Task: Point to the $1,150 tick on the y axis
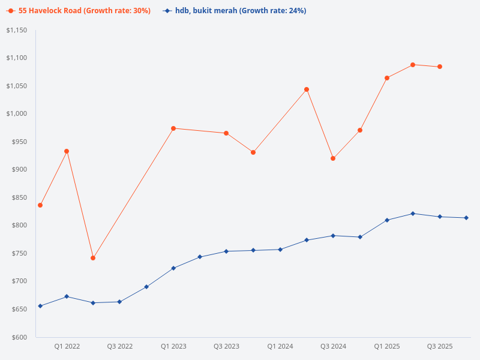(x=18, y=30)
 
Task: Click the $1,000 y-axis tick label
(x=18, y=114)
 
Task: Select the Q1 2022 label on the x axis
(x=67, y=347)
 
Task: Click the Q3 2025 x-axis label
(x=440, y=347)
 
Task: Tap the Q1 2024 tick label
(x=280, y=347)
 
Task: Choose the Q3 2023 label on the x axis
(x=227, y=347)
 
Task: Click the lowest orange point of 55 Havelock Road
(x=93, y=258)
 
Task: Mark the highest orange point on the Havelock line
(x=413, y=65)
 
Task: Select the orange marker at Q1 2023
(x=173, y=128)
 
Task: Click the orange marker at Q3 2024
(x=333, y=158)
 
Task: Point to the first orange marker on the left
(x=40, y=205)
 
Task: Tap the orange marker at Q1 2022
(x=67, y=151)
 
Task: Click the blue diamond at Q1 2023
(x=173, y=268)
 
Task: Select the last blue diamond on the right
(x=466, y=218)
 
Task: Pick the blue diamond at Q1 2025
(x=387, y=220)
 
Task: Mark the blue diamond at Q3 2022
(x=119, y=302)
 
